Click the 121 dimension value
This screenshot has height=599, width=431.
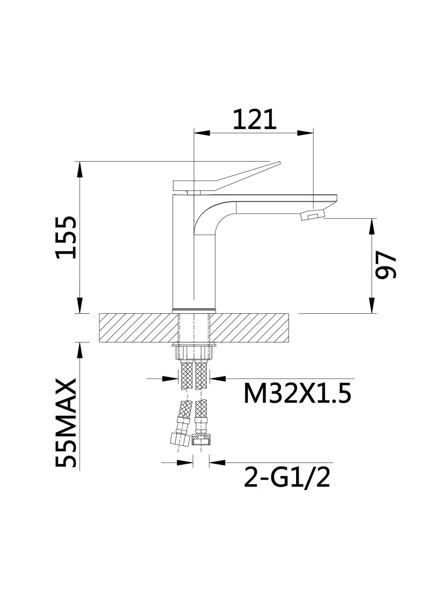[254, 119]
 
